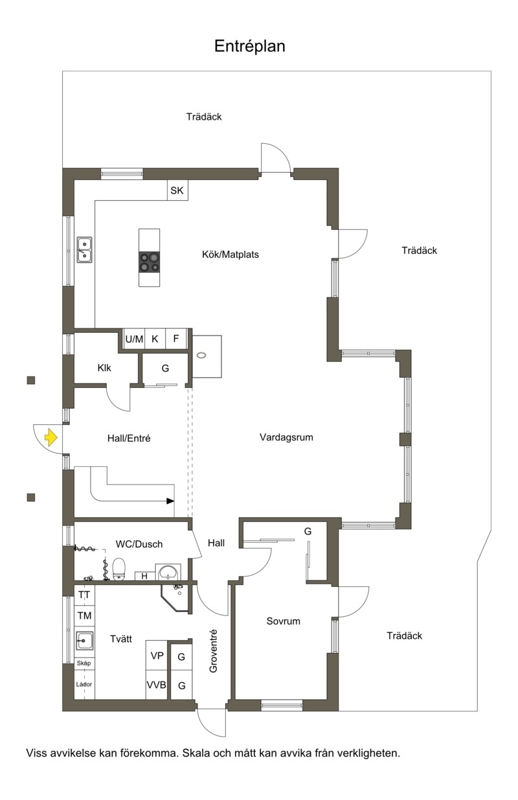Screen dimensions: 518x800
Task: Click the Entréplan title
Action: tap(249, 47)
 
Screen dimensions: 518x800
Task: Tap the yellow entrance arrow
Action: tap(51, 437)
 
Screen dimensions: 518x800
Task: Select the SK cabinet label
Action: tap(177, 190)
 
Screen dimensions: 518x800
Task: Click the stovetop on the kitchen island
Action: tap(149, 262)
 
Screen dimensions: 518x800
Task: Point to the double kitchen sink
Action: tap(84, 249)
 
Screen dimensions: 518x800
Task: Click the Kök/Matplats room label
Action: tap(231, 255)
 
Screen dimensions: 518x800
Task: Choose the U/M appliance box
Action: tap(134, 339)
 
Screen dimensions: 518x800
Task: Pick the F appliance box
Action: tap(176, 339)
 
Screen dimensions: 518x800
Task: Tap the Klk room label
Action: tap(104, 368)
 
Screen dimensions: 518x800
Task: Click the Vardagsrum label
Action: tap(286, 437)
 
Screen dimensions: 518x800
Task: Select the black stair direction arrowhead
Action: tap(170, 501)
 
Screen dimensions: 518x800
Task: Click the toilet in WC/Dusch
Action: tap(119, 569)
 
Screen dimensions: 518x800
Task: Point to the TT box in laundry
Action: tap(84, 595)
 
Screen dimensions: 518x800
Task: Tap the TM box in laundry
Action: tap(84, 616)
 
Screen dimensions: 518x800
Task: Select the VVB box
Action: tap(156, 685)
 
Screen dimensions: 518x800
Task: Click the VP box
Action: tap(157, 656)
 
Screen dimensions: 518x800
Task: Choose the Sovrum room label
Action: tap(283, 621)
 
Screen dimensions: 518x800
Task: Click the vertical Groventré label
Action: tap(213, 651)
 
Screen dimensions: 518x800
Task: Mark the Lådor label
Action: tap(84, 684)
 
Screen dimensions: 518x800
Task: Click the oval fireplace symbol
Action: tap(202, 356)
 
